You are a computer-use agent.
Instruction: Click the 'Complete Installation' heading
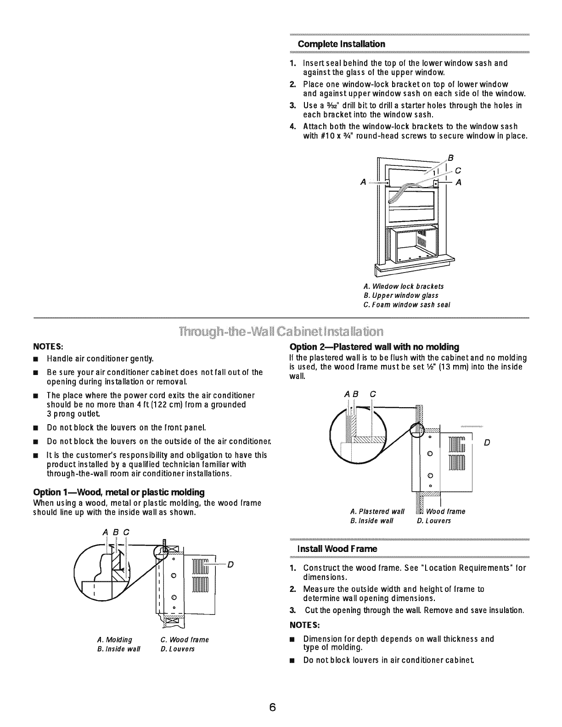[341, 44]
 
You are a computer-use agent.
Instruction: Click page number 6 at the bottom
[272, 707]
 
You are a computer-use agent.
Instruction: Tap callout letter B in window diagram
[450, 158]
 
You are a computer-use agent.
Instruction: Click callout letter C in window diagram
[457, 170]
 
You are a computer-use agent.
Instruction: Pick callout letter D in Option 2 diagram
[487, 443]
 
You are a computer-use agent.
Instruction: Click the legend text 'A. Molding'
[115, 640]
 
